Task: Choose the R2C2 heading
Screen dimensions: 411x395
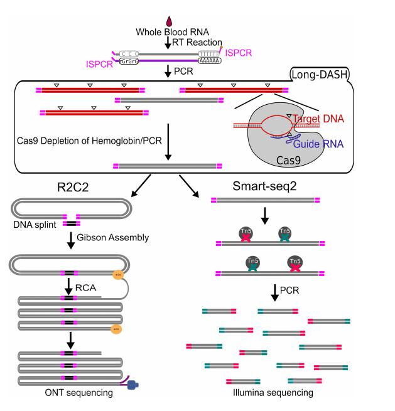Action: tap(62, 186)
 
